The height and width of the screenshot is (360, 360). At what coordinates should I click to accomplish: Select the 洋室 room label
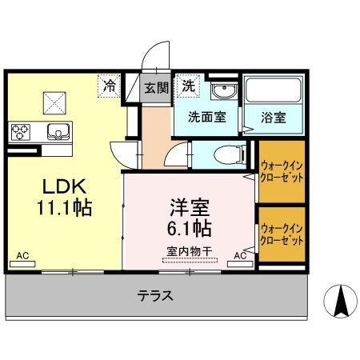189,206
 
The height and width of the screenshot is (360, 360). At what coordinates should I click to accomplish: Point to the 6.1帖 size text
190,228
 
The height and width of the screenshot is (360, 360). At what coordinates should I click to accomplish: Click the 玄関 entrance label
155,87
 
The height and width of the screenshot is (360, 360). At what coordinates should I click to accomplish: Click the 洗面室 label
207,117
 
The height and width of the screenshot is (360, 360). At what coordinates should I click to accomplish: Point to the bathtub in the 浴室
272,93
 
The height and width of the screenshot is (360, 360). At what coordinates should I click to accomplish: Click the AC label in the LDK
23,255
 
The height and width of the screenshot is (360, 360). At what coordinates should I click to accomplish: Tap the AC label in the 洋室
240,255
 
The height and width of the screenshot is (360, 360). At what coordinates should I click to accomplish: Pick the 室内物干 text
189,251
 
